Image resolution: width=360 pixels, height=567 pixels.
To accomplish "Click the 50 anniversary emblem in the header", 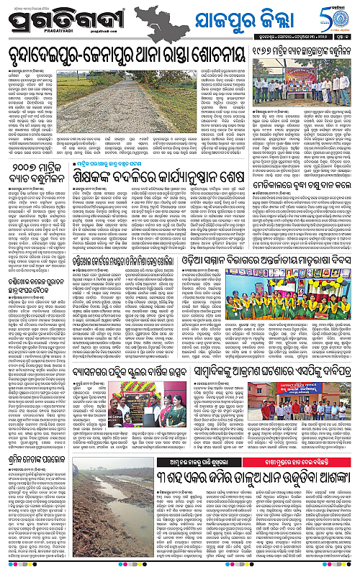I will click(x=341, y=17).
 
